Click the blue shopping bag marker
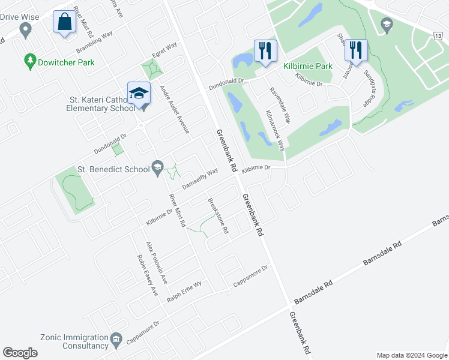64,22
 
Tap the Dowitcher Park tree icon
29,61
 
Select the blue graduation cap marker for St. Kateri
139,94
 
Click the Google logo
20,353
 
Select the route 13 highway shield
441,37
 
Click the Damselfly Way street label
200,179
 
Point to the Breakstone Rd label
218,217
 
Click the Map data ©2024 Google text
411,355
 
